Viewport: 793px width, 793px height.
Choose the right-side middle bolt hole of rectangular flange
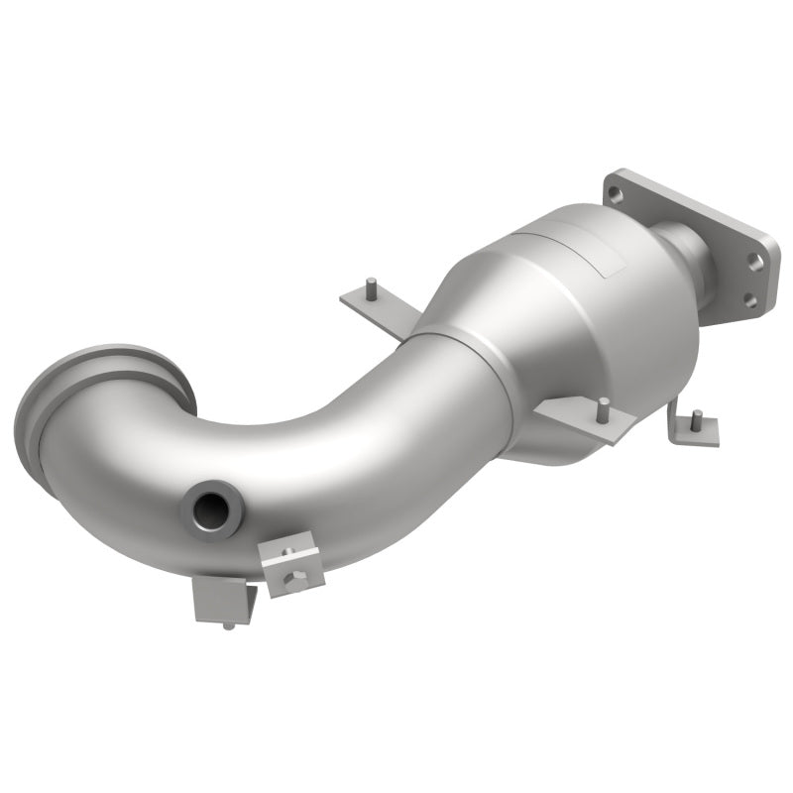point(756,262)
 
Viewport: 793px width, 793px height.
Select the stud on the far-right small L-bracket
point(697,417)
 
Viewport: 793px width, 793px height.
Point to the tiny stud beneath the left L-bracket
point(228,625)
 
